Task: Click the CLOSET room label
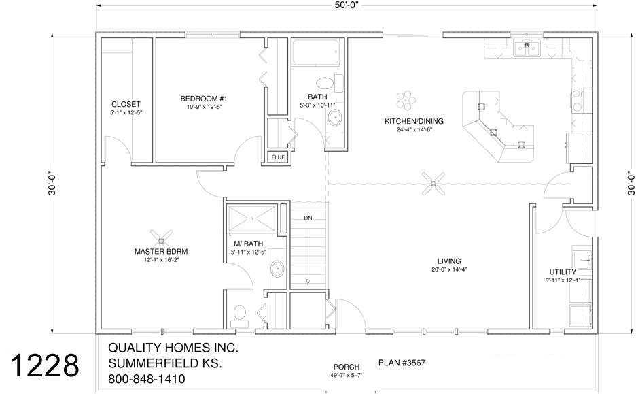click(126, 105)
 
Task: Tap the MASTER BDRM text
click(161, 251)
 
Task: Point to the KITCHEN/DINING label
click(414, 121)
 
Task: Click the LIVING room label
click(449, 261)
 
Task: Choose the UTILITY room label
click(563, 272)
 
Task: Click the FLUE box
click(278, 157)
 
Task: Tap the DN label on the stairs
click(308, 218)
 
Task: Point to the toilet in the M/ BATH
click(239, 313)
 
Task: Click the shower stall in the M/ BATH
click(252, 218)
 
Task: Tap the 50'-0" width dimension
click(345, 5)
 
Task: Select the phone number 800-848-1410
click(146, 379)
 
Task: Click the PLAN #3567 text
click(402, 363)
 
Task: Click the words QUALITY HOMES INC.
click(173, 348)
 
